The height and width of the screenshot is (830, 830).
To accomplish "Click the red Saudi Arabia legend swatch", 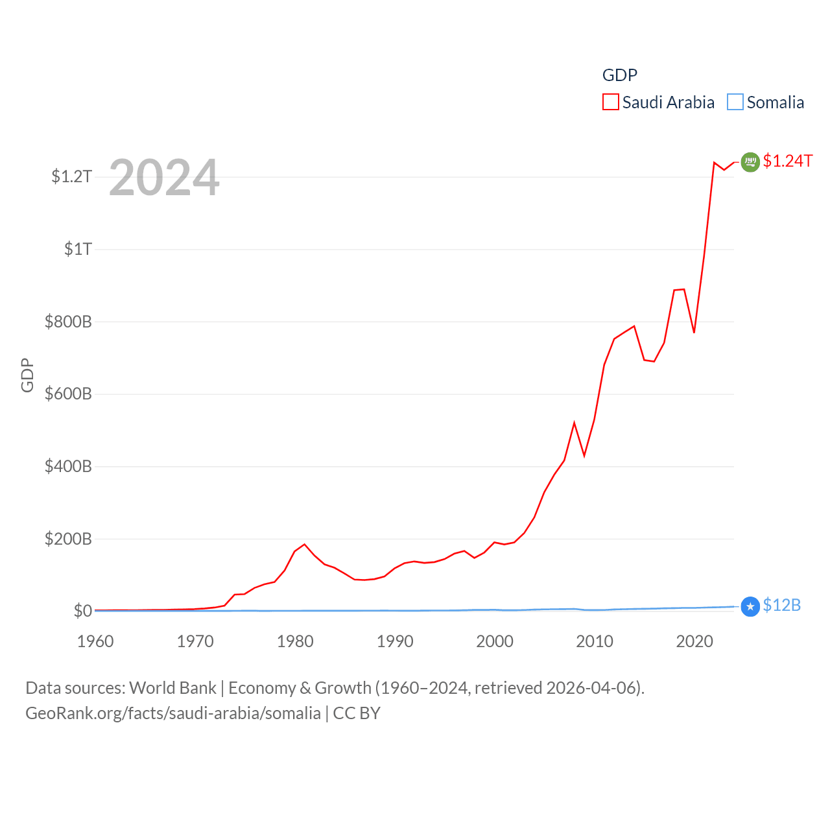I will (x=610, y=102).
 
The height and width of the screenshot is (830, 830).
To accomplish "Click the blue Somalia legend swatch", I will (x=735, y=102).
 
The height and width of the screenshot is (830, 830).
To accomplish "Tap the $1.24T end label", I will (x=787, y=161).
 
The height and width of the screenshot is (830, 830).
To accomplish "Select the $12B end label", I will (x=781, y=605).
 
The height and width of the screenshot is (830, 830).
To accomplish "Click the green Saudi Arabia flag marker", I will (x=750, y=161).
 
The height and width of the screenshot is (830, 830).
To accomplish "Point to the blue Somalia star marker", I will (x=750, y=607).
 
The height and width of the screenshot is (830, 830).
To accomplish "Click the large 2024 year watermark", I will (x=164, y=178).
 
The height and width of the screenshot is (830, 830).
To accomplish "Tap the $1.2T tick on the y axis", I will (x=72, y=176).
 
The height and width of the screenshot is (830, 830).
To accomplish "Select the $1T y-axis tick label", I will (x=78, y=249).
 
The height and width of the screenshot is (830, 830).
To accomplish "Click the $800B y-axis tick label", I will (x=68, y=322).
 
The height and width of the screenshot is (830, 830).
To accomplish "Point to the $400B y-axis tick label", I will (x=68, y=466).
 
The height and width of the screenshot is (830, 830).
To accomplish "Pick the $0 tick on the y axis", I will (x=83, y=611).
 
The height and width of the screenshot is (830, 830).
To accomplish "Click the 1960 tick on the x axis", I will (x=95, y=641).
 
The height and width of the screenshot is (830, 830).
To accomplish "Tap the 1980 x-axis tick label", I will (x=295, y=641).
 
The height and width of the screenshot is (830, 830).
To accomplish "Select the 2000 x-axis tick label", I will (x=495, y=641).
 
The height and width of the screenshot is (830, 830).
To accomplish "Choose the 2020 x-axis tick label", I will (x=694, y=641).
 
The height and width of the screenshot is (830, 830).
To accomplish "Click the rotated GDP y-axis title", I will (x=27, y=375).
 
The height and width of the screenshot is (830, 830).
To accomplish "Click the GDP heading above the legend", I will (x=620, y=75).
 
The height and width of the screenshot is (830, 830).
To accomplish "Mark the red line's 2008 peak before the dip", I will (x=574, y=423).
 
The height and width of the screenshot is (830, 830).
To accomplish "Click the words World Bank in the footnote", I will (x=172, y=687).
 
